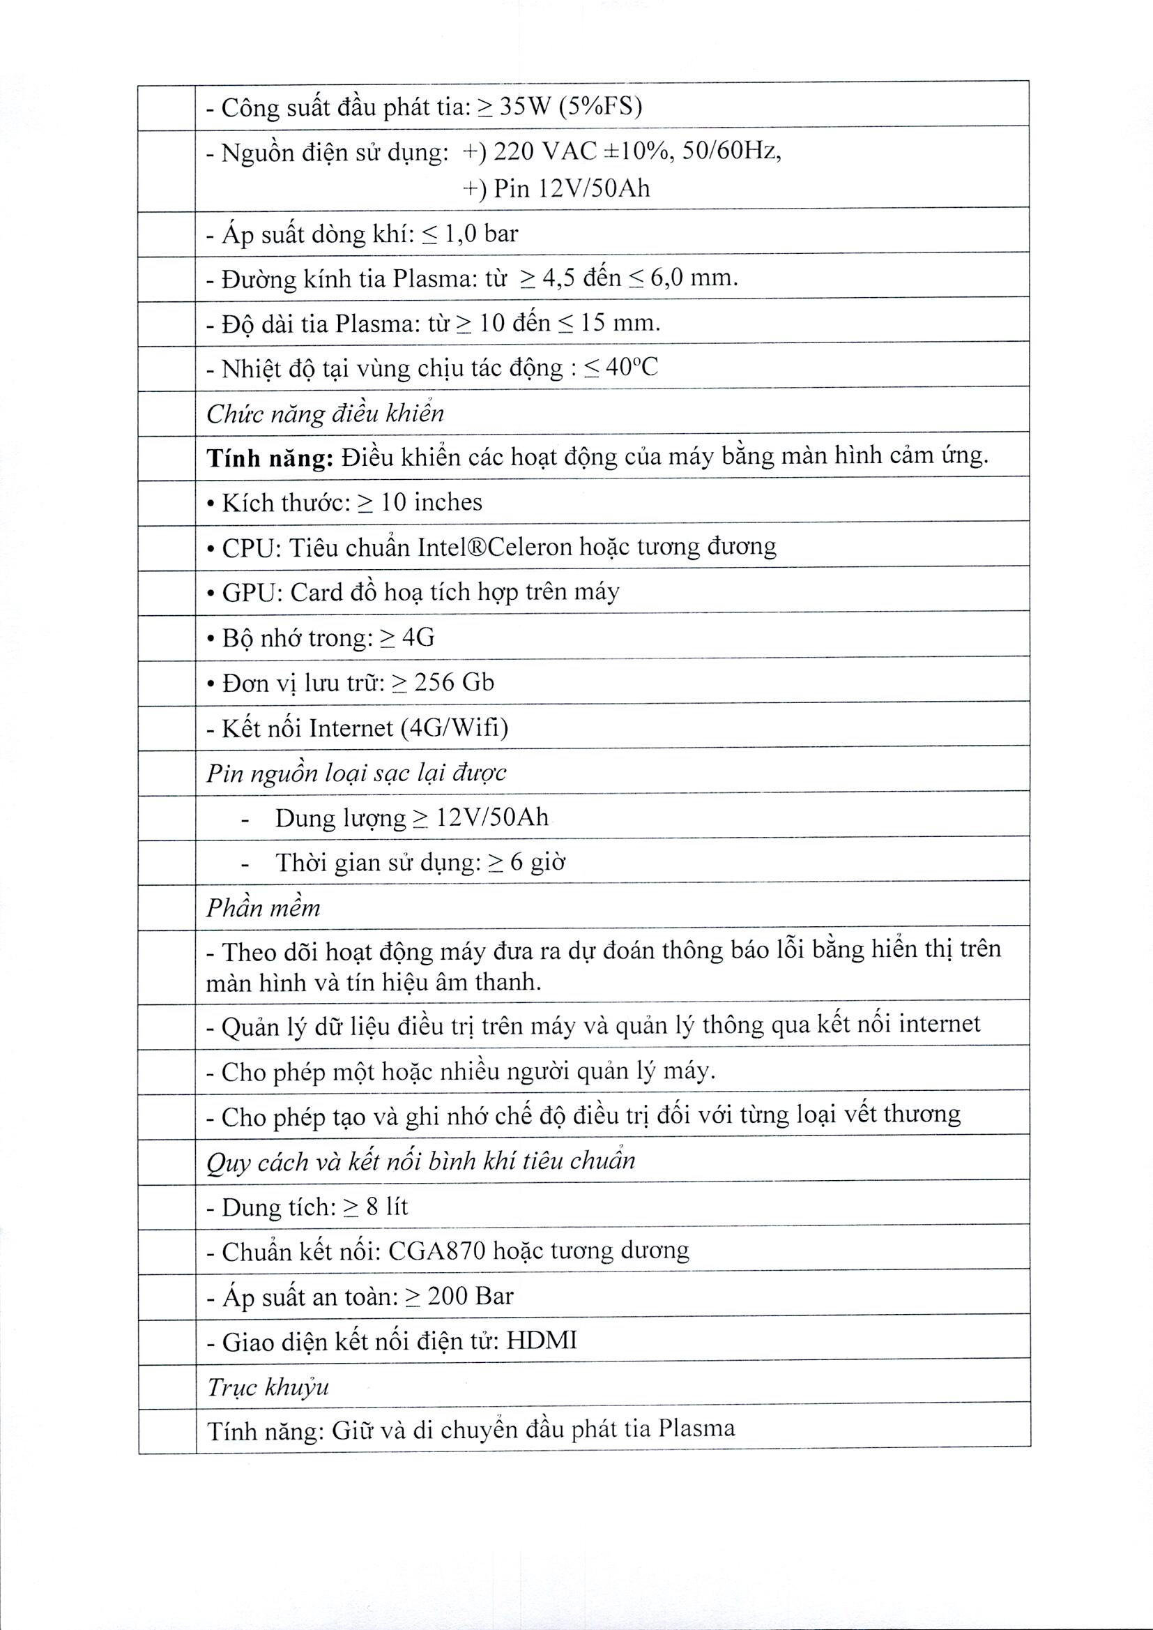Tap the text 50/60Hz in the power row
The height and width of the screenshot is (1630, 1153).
click(731, 151)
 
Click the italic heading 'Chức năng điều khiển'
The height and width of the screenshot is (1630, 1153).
click(325, 414)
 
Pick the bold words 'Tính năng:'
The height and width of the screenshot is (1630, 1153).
click(270, 459)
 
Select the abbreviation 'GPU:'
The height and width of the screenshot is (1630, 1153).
click(253, 592)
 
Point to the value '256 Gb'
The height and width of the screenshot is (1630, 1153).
click(454, 683)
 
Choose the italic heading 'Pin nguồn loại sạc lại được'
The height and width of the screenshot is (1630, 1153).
click(356, 773)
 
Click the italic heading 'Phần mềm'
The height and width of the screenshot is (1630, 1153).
click(264, 908)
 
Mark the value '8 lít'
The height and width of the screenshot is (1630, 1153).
click(387, 1207)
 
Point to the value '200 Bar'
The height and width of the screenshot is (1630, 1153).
click(470, 1296)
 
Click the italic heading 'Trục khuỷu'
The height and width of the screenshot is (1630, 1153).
click(268, 1387)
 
